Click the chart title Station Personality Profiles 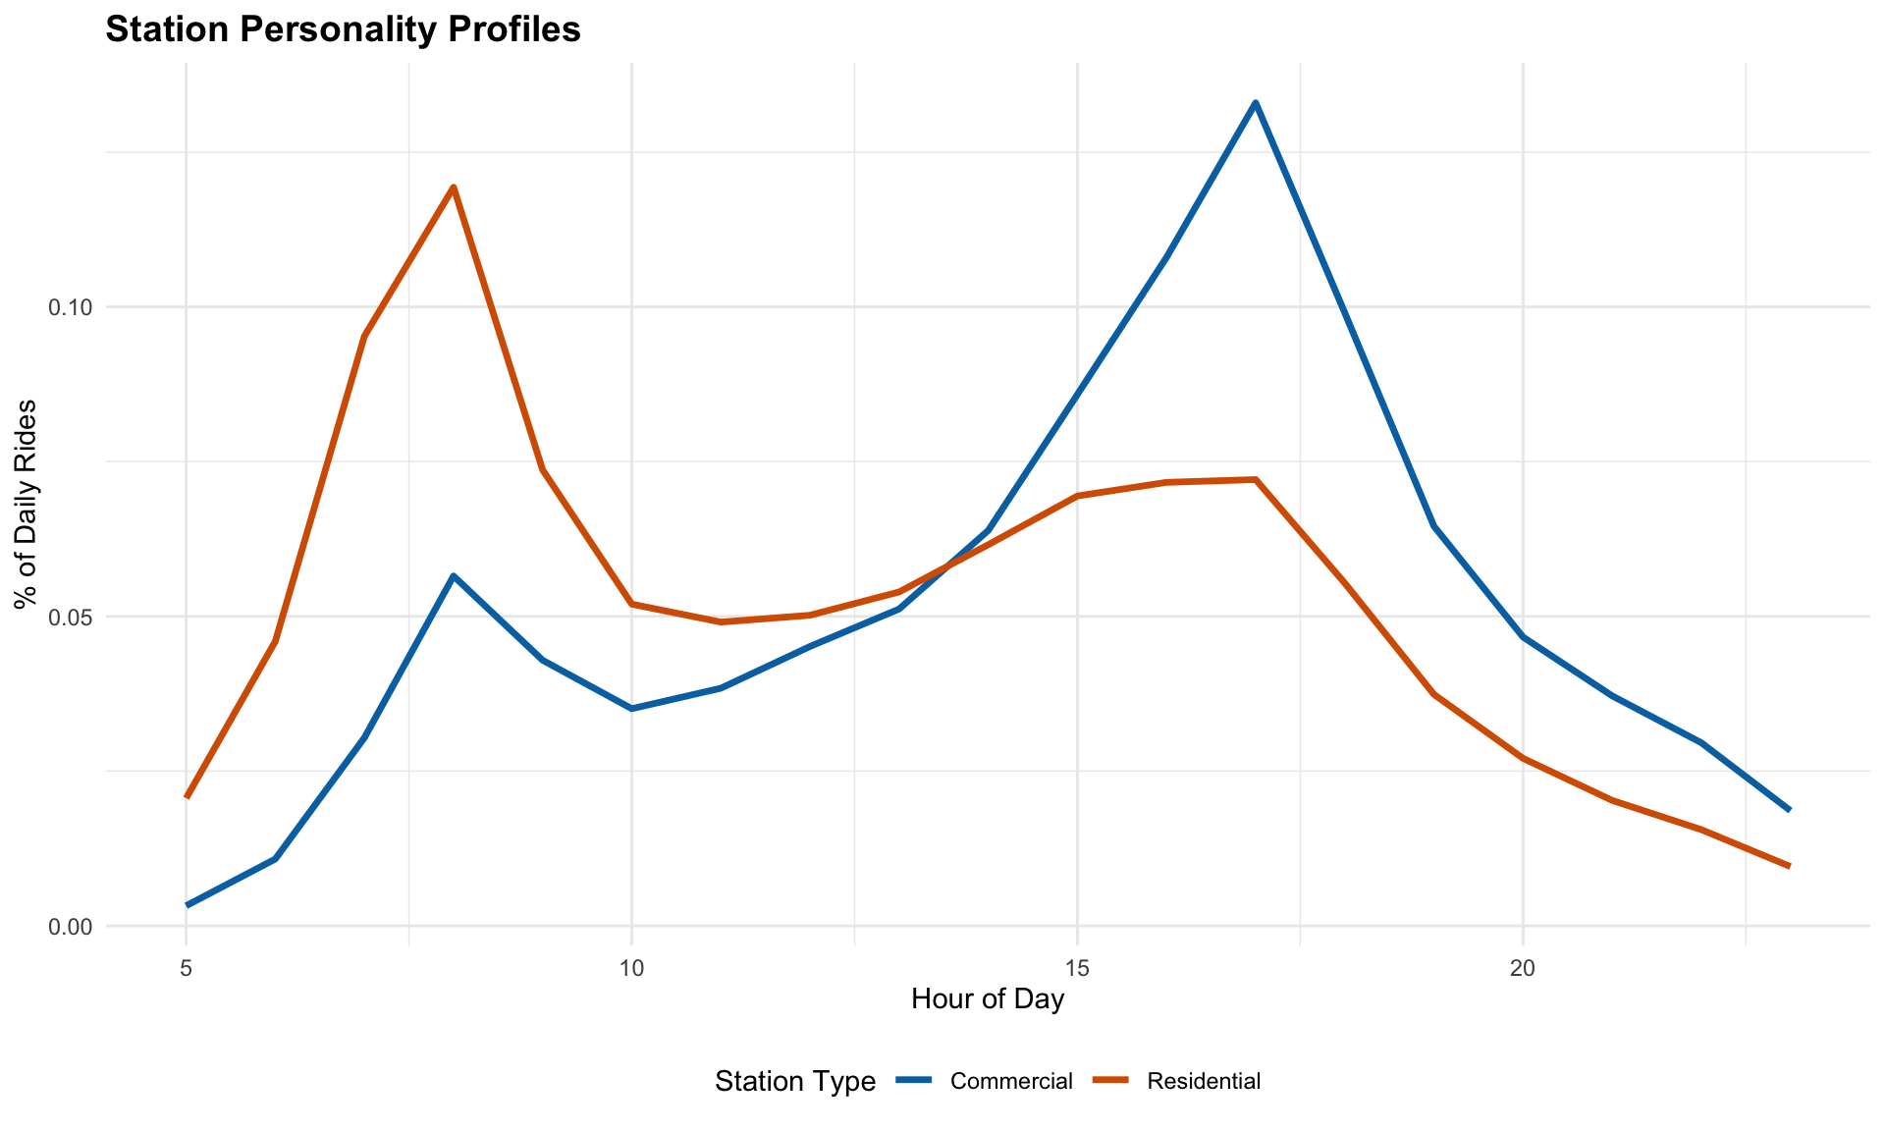click(343, 30)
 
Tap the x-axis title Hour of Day click(988, 1000)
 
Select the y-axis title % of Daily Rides click(27, 505)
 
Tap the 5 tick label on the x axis click(186, 968)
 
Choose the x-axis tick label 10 click(631, 968)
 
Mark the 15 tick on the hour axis click(1077, 968)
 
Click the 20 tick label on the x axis click(1523, 968)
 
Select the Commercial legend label click(1011, 1082)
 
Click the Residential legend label click(1204, 1082)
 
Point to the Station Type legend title click(795, 1082)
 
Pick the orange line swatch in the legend click(1110, 1081)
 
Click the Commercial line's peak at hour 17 click(1255, 102)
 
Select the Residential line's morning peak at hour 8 click(453, 187)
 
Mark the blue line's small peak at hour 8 click(453, 575)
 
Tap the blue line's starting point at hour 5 click(187, 905)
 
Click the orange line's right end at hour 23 click(1789, 866)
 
